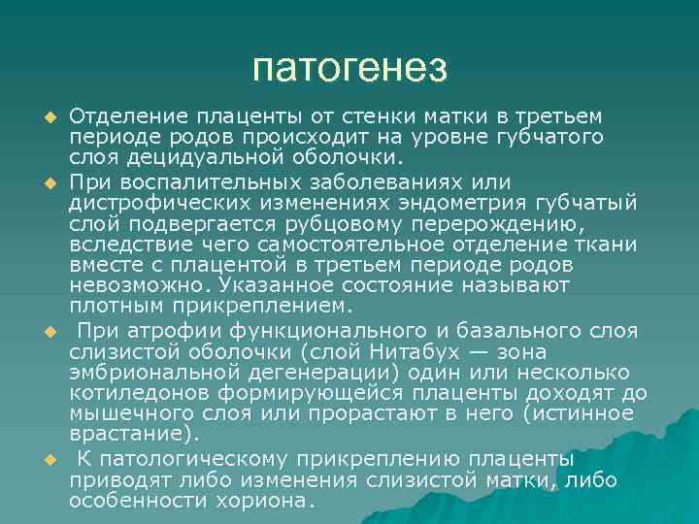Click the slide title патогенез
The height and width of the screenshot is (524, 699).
click(x=349, y=68)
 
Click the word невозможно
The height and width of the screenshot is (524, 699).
click(x=140, y=286)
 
